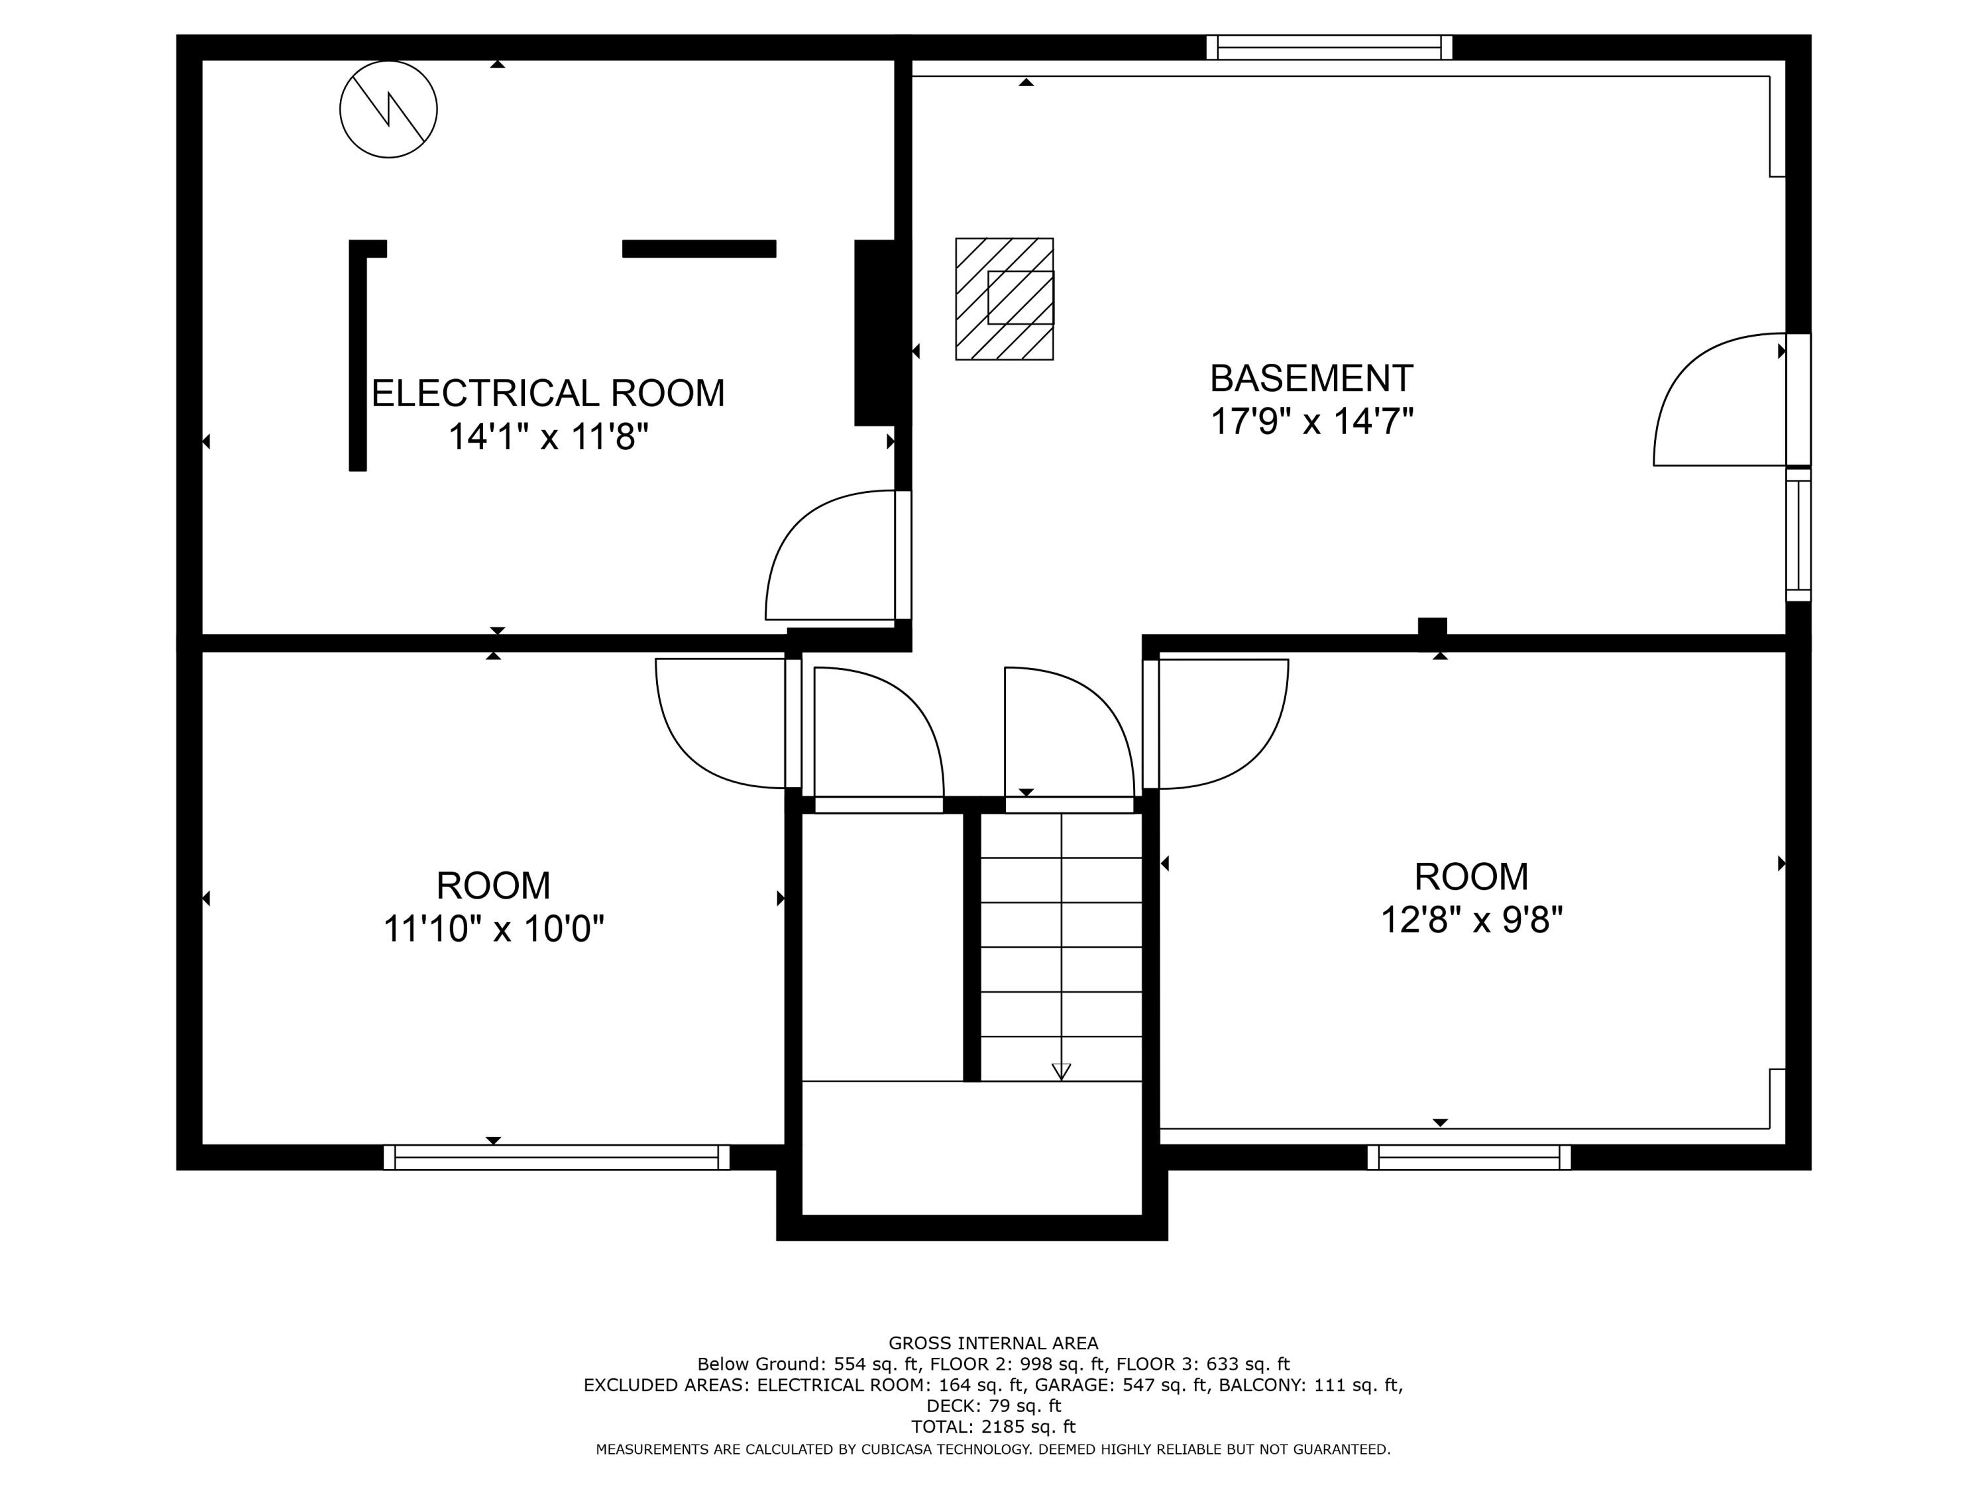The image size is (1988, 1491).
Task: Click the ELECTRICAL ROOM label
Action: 547,394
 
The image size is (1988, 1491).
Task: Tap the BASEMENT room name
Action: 1311,378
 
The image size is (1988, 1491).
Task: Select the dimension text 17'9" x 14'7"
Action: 1311,421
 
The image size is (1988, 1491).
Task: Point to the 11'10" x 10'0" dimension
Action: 494,928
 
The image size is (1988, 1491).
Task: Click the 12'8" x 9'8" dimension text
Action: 1471,919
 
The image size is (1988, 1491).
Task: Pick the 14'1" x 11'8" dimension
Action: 547,437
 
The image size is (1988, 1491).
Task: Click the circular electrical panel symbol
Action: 388,109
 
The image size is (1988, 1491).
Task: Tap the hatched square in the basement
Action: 1004,300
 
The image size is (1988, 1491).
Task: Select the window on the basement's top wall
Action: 1329,48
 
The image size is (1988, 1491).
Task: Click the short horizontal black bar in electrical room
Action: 698,249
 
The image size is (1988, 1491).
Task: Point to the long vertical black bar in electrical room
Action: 358,359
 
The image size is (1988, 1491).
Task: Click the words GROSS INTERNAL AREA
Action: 993,1343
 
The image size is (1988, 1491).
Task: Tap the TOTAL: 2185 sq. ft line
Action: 993,1426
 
